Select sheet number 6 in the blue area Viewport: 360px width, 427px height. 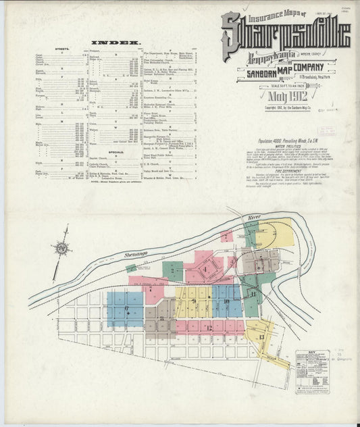pos(126,309)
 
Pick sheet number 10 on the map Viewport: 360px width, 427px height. pos(227,301)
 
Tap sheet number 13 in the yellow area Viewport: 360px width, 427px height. pos(261,336)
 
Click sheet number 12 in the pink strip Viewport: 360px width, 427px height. pos(209,328)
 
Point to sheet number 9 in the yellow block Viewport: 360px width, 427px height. pos(195,301)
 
